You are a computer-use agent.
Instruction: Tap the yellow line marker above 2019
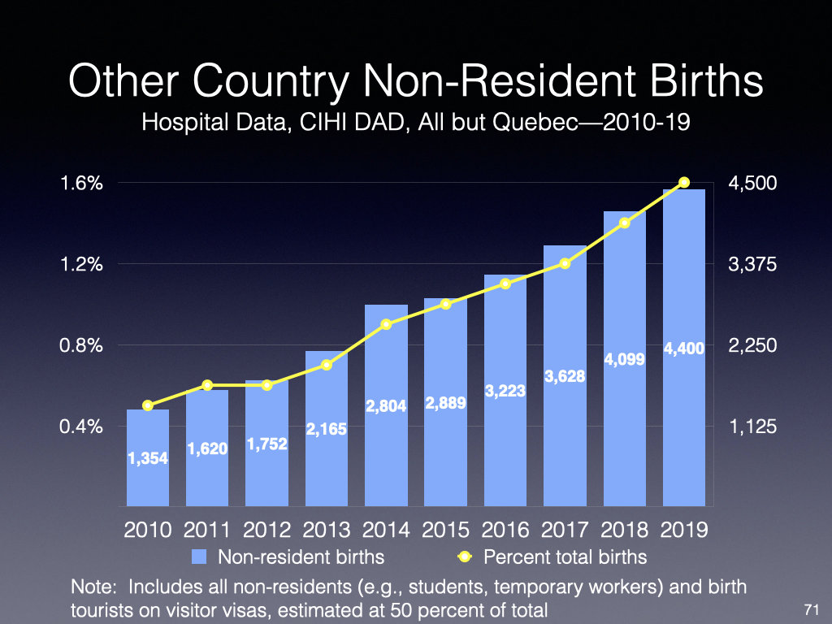pyautogui.click(x=684, y=183)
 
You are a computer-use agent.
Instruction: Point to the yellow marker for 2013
pyautogui.click(x=327, y=365)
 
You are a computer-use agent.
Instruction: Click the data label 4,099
pyautogui.click(x=625, y=358)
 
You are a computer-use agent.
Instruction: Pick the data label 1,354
pyautogui.click(x=148, y=459)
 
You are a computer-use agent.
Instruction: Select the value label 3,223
pyautogui.click(x=505, y=391)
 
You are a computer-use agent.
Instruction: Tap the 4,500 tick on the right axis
pyautogui.click(x=754, y=184)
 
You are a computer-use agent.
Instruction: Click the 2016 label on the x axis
pyautogui.click(x=505, y=531)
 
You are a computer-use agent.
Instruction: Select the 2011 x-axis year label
pyautogui.click(x=207, y=531)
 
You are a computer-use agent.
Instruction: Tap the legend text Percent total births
pyautogui.click(x=565, y=557)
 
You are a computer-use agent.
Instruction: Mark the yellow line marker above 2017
pyautogui.click(x=565, y=263)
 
